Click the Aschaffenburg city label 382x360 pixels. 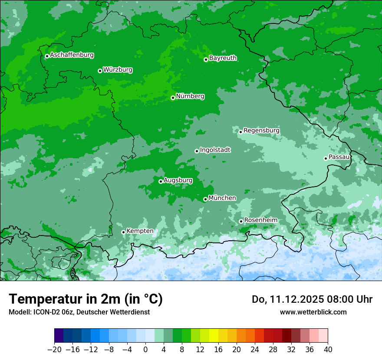tap(72, 55)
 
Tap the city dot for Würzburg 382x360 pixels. tap(100, 71)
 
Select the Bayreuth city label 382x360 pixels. tap(223, 58)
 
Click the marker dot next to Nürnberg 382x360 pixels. tap(173, 98)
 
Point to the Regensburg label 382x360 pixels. tap(261, 130)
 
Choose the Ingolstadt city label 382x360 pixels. tap(215, 150)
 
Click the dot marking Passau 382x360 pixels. tap(326, 158)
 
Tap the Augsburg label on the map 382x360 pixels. tap(178, 180)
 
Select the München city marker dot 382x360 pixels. tap(205, 200)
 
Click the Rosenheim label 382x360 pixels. tap(260, 220)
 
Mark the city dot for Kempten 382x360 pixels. tap(123, 232)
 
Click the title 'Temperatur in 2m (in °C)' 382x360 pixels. tap(86, 299)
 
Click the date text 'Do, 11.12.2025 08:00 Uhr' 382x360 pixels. tap(312, 299)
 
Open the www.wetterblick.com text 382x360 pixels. tap(313, 312)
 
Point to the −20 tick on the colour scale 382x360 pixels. tap(54, 350)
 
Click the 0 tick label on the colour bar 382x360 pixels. tap(145, 350)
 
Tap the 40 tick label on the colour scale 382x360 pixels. tap(328, 350)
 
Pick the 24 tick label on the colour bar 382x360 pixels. tap(255, 350)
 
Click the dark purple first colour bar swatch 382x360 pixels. tap(59, 336)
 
